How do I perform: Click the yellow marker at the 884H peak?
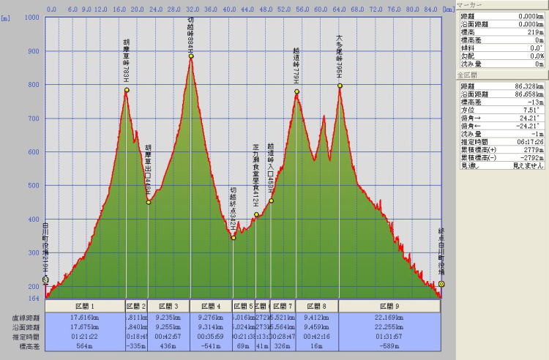[191, 56]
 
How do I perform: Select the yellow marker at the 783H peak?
[127, 90]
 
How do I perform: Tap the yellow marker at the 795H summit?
[340, 86]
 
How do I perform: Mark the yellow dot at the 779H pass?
[297, 91]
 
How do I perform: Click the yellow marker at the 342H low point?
[234, 237]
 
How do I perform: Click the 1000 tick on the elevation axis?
[32, 17]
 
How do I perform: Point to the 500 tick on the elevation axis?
[34, 185]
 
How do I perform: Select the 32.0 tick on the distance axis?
[191, 10]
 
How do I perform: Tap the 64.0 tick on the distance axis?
[340, 10]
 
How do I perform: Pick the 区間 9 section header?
[390, 305]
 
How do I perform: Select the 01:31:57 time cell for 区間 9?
[390, 337]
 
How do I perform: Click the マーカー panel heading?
[469, 4]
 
